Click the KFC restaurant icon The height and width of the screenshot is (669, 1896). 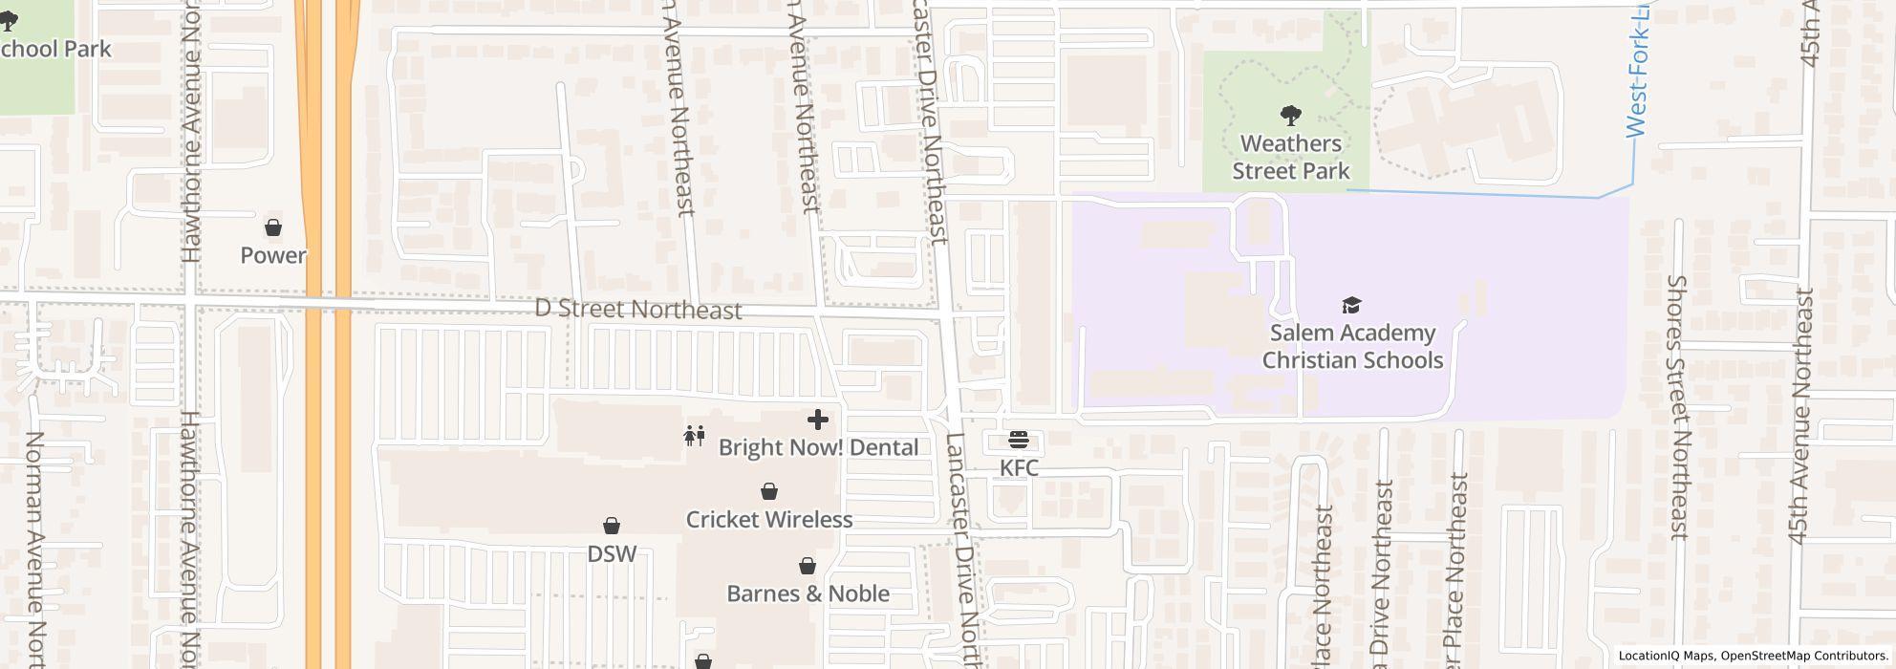(1019, 440)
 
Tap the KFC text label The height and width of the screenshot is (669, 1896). (1019, 467)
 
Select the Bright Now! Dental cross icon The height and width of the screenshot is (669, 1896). (818, 420)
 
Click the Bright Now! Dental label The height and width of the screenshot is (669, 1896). (818, 447)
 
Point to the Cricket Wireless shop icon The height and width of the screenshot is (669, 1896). (769, 491)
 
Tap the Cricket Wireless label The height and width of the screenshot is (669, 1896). (769, 519)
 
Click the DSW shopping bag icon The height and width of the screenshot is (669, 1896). (612, 526)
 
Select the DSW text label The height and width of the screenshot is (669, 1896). (612, 553)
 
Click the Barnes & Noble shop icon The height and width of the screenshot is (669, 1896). (808, 566)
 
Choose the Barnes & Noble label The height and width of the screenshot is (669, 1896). (808, 593)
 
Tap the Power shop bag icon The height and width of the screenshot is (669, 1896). (273, 227)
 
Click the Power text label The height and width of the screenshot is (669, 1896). (273, 255)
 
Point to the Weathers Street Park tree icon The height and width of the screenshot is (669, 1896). (1291, 116)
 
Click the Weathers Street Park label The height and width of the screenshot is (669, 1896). (1291, 157)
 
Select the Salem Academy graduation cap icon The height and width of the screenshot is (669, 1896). (1351, 305)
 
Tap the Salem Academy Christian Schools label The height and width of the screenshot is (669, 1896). (1352, 346)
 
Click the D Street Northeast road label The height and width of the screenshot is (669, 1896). (637, 309)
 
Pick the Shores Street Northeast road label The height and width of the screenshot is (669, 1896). (1677, 406)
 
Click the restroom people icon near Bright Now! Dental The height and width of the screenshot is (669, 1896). (695, 436)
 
